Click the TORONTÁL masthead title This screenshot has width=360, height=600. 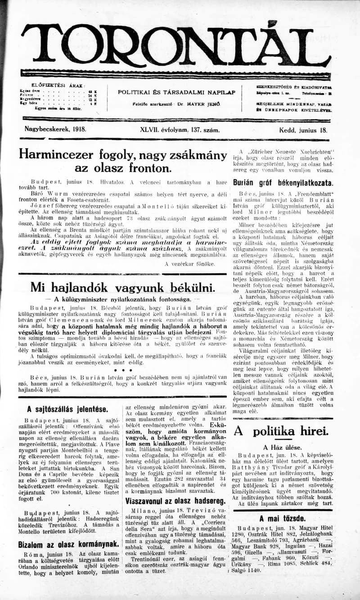[175, 45]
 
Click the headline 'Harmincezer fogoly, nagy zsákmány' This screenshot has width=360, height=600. [122, 155]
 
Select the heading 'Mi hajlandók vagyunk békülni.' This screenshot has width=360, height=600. [122, 287]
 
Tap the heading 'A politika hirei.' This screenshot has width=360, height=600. [280, 431]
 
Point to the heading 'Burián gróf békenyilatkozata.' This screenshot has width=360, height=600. [283, 183]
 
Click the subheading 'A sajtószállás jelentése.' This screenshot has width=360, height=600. [67, 409]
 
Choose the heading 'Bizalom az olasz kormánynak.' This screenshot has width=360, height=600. [68, 544]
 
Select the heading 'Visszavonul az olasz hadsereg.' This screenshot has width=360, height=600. [175, 501]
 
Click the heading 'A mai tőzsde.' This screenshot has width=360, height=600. [283, 518]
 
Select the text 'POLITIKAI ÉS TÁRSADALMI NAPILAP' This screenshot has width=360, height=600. [176, 92]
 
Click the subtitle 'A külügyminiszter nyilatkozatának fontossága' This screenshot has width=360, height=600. [122, 299]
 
